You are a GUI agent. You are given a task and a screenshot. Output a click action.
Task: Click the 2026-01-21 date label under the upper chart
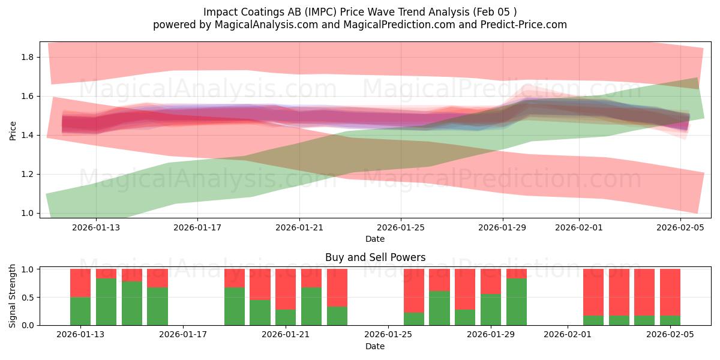299,227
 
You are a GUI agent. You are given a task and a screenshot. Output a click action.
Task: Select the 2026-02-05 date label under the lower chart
669,335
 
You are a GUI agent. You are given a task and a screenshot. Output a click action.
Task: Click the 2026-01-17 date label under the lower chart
184,335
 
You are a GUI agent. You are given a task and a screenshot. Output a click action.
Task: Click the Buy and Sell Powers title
375,257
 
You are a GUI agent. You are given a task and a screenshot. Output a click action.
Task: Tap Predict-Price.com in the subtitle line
526,25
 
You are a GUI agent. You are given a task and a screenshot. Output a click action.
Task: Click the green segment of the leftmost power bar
80,311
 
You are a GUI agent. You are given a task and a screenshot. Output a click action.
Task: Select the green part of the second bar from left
106,302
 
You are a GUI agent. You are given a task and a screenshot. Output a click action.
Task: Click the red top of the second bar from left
106,274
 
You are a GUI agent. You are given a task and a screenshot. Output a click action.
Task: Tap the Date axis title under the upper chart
375,239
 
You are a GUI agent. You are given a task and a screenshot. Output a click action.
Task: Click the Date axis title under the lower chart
375,346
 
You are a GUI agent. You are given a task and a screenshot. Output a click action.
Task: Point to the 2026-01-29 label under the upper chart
502,227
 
